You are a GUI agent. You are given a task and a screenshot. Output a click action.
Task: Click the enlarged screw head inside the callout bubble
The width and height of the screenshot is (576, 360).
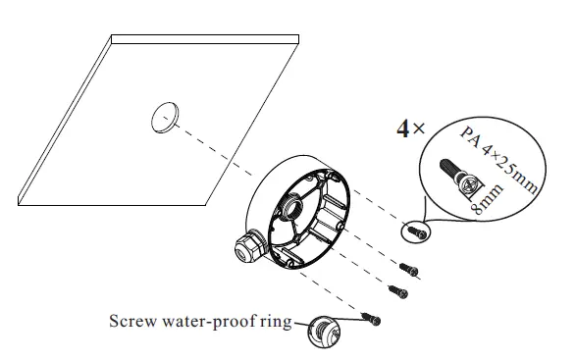click(469, 181)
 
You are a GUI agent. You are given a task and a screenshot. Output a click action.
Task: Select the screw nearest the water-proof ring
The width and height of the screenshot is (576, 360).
click(372, 317)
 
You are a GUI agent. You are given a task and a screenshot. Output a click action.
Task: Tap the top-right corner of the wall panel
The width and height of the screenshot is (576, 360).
click(297, 39)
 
